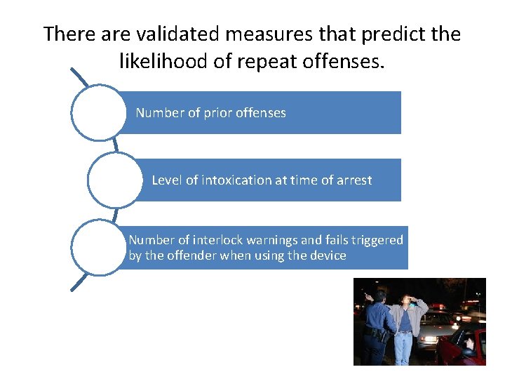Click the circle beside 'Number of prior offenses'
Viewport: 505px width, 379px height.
click(x=98, y=112)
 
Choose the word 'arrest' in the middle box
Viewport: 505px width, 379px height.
click(x=353, y=180)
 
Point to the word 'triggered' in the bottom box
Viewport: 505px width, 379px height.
click(x=377, y=240)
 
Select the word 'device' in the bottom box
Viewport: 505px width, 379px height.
click(x=328, y=255)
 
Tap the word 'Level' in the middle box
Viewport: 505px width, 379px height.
click(x=167, y=180)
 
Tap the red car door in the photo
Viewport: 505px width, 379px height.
click(x=470, y=347)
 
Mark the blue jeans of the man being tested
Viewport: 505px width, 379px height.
click(x=404, y=347)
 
